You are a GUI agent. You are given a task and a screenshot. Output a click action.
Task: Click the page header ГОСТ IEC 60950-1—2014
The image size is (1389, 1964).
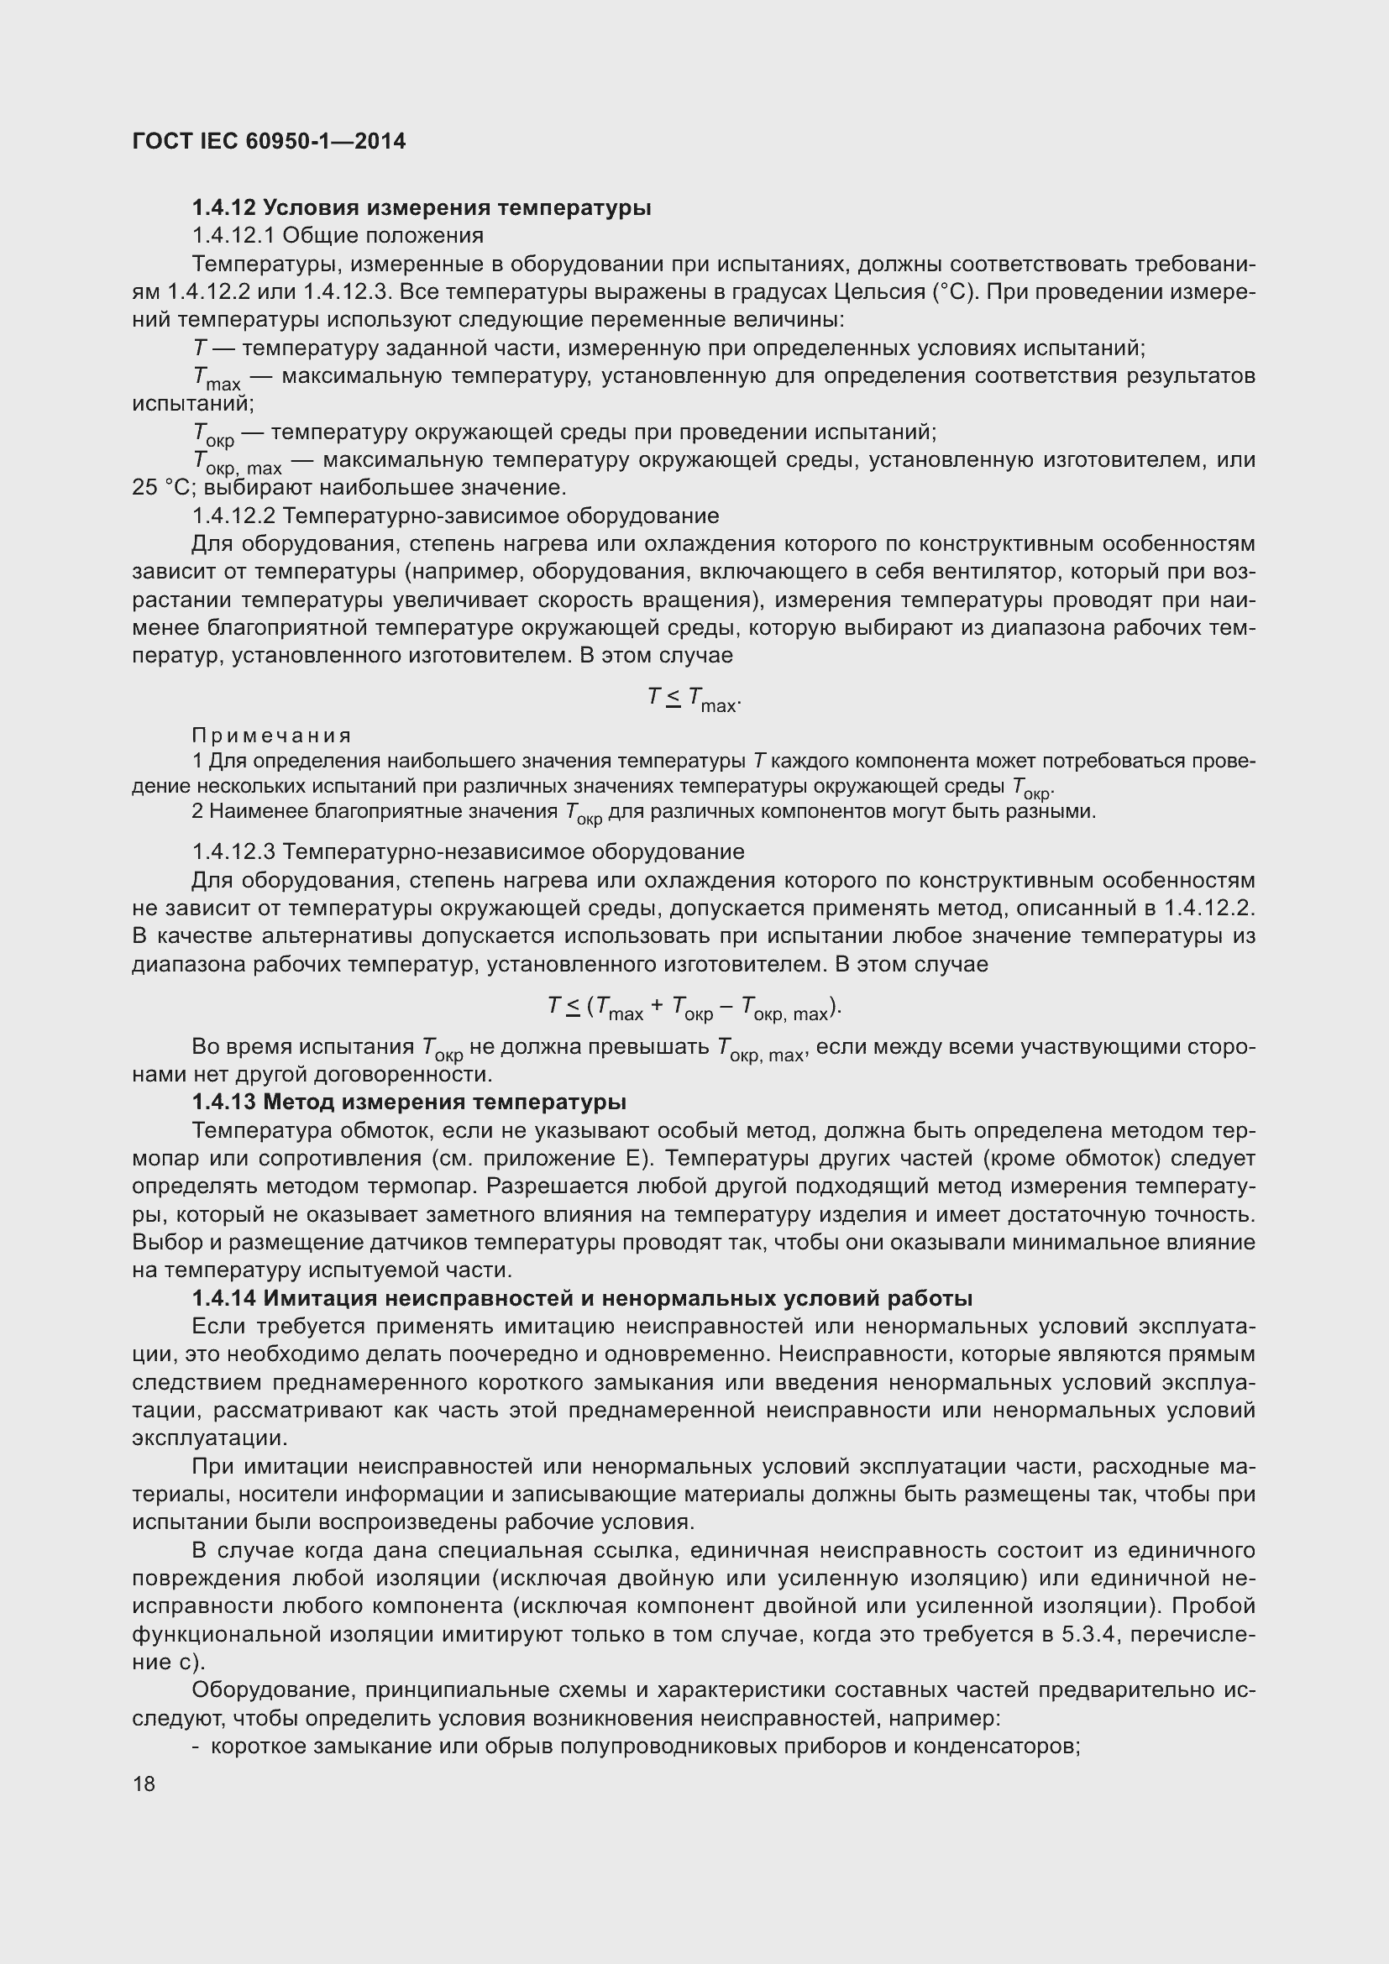tap(269, 141)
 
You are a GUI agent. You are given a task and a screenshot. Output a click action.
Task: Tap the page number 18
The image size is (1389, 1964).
tap(144, 1783)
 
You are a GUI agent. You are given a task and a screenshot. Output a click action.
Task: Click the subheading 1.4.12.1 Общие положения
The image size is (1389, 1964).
tap(338, 235)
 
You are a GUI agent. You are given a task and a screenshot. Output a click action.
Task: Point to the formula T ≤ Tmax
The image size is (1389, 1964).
tap(693, 699)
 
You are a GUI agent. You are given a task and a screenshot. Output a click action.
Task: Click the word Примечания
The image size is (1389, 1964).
tap(272, 735)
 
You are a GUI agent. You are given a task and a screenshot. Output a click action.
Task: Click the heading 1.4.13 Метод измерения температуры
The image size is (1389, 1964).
tap(409, 1102)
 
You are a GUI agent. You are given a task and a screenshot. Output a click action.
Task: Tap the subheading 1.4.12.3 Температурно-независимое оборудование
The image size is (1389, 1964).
tap(468, 852)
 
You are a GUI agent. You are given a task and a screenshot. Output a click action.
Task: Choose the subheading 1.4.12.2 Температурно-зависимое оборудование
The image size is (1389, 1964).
tap(455, 516)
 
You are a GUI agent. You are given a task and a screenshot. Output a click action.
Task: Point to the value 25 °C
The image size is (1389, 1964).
tap(159, 489)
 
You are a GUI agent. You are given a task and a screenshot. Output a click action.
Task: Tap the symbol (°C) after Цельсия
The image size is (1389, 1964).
tap(953, 291)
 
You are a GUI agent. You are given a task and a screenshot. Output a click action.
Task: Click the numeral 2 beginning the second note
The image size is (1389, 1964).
tap(197, 811)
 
